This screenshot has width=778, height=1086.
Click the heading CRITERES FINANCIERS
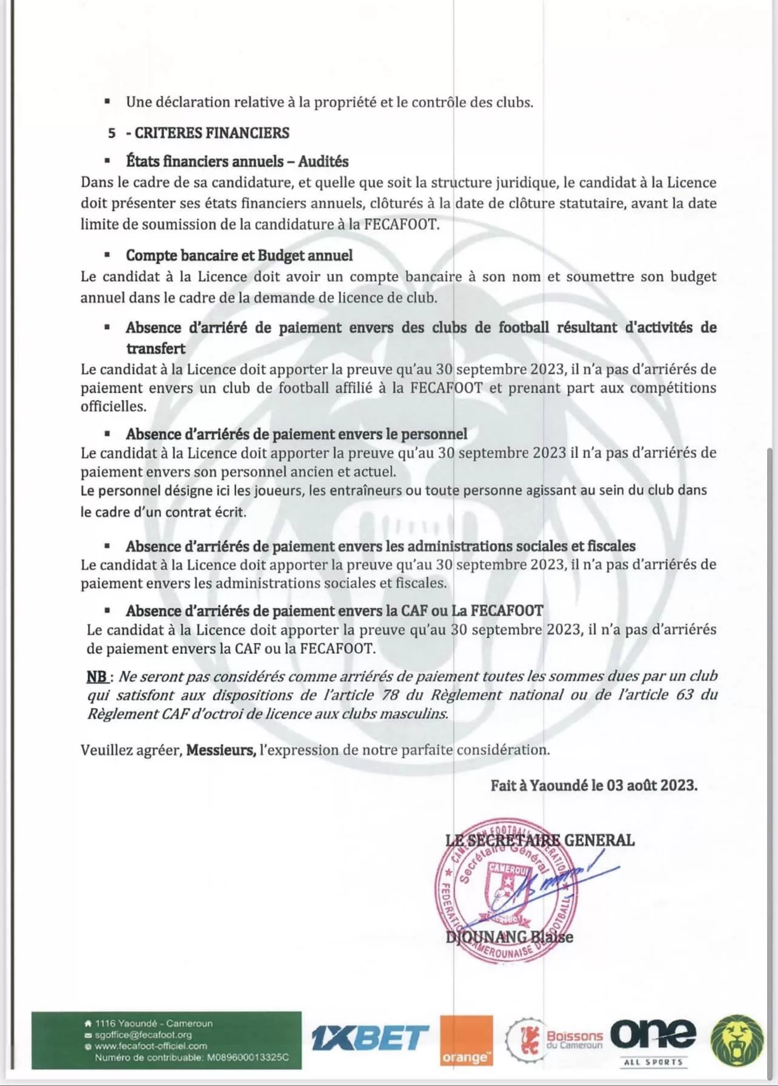(211, 133)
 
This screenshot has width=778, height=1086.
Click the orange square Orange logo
(466, 1040)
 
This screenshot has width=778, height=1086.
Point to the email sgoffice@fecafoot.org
(143, 1035)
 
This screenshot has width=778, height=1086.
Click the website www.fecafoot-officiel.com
(151, 1046)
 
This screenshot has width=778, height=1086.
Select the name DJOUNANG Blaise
(509, 938)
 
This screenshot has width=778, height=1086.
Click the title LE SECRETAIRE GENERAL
(540, 840)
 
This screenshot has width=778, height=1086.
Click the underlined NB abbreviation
(96, 676)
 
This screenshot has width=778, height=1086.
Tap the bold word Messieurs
(221, 750)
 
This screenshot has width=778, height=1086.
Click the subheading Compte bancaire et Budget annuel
(239, 256)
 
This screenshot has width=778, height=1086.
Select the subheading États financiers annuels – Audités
(237, 162)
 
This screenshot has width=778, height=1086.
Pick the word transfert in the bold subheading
(156, 348)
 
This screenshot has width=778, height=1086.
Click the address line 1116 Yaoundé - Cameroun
(154, 1024)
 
